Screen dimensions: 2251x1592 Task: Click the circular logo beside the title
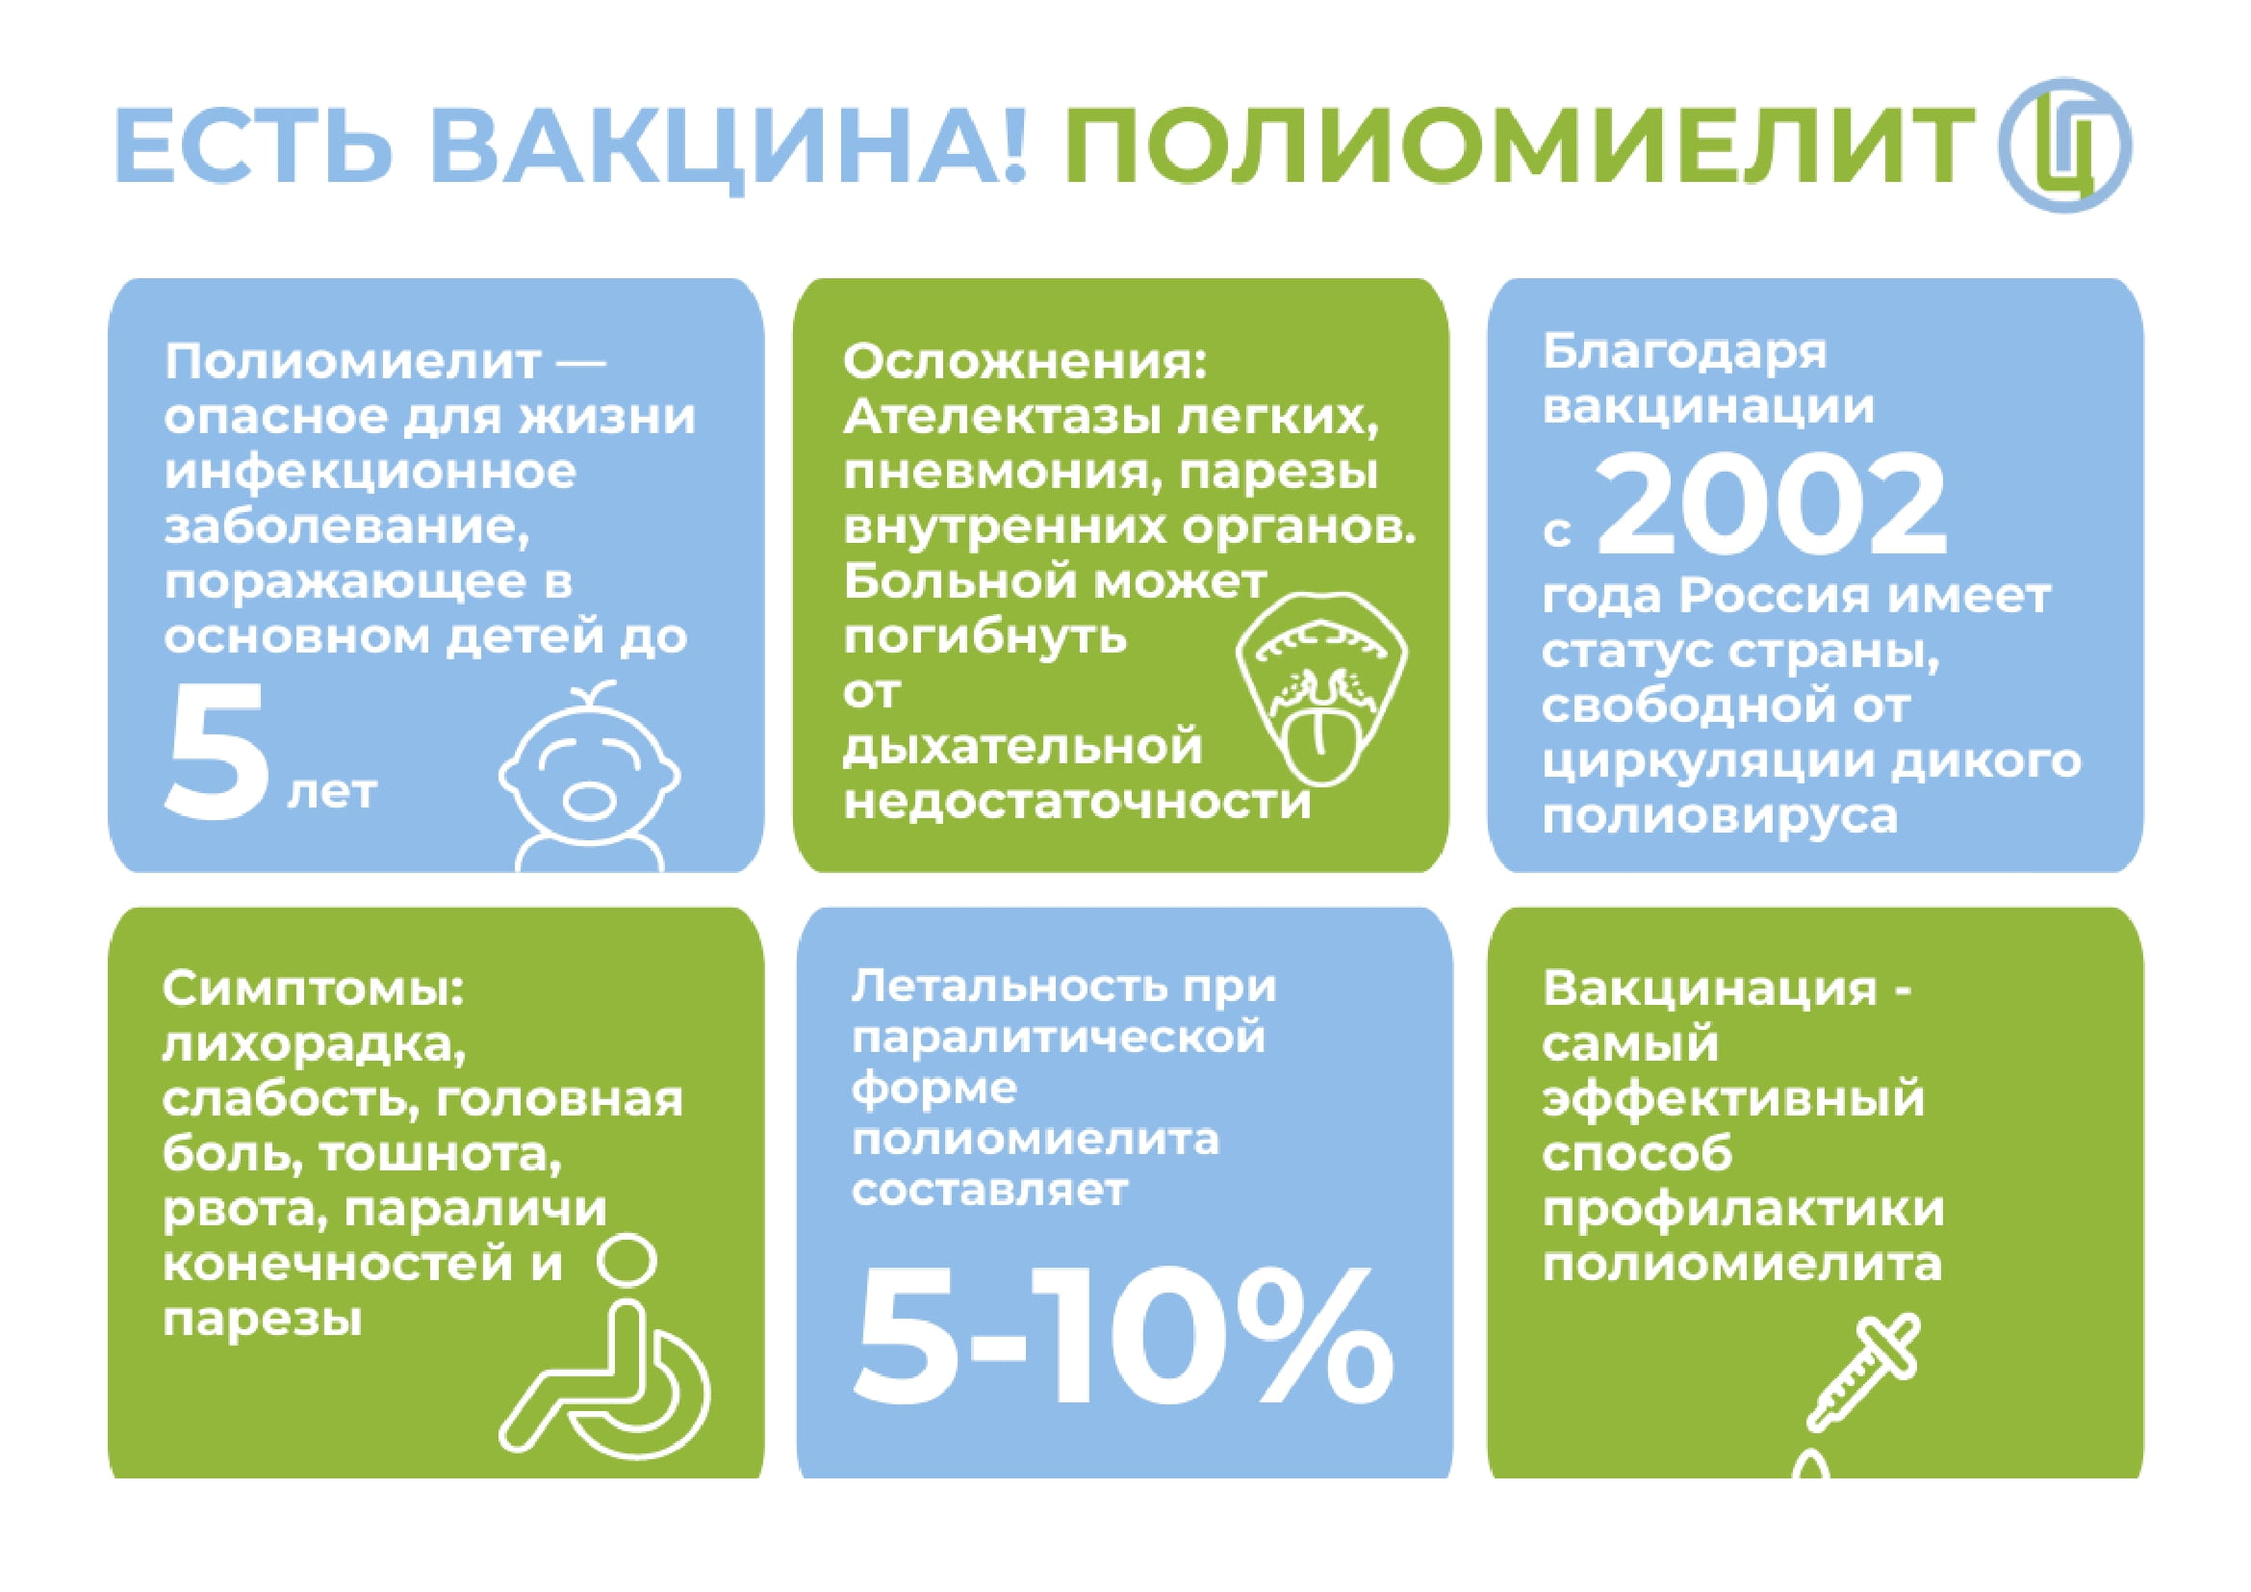click(2063, 145)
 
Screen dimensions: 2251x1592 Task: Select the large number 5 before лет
click(216, 749)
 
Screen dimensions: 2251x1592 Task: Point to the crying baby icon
click(590, 775)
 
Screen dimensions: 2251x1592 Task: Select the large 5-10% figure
click(1123, 1336)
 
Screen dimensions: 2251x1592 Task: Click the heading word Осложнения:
click(1025, 362)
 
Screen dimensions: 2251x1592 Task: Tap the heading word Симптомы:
click(313, 989)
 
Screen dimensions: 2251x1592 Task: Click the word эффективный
click(1733, 1099)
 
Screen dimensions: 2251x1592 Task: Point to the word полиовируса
click(1720, 817)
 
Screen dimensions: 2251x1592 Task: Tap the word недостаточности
click(1078, 803)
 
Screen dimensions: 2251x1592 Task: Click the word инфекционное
click(371, 474)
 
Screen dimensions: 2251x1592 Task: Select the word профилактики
click(1742, 1209)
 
